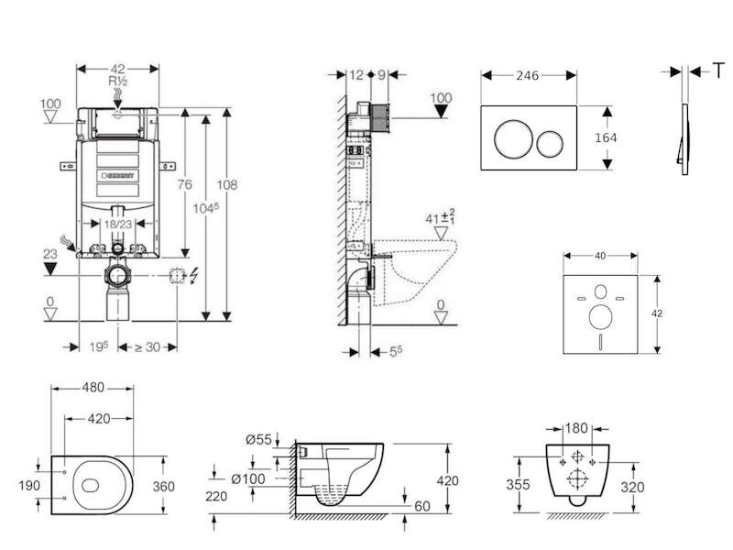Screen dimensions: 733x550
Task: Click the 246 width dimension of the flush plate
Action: click(x=528, y=76)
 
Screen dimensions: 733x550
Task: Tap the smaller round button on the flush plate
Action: click(x=549, y=144)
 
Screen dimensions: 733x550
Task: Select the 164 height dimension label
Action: click(x=606, y=137)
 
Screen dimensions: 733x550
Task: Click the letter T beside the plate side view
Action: click(x=718, y=71)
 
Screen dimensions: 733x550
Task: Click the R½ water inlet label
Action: click(x=118, y=82)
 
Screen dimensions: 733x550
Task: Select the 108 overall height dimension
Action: click(x=226, y=185)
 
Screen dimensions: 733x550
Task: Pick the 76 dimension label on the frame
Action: click(x=185, y=185)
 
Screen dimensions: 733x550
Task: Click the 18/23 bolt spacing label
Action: click(x=118, y=225)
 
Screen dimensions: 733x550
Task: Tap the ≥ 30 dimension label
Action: click(x=148, y=347)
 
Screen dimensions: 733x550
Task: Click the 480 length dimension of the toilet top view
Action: click(x=93, y=388)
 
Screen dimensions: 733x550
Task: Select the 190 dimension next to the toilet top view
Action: click(x=29, y=486)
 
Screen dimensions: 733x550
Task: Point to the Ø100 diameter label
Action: click(x=248, y=478)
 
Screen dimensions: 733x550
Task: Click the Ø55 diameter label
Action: click(x=258, y=440)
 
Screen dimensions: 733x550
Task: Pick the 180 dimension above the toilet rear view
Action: click(x=576, y=428)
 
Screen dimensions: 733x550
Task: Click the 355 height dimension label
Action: click(x=518, y=485)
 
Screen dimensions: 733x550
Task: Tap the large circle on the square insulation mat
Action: click(x=601, y=316)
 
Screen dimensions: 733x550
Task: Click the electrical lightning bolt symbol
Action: click(x=193, y=276)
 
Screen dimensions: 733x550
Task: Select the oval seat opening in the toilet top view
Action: click(x=90, y=486)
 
